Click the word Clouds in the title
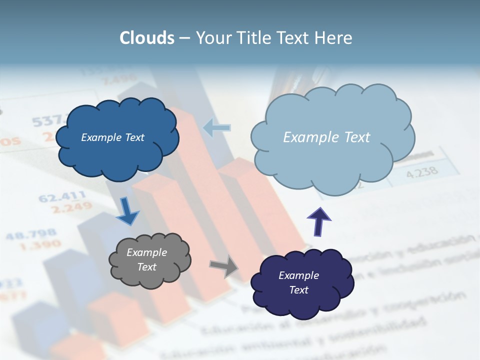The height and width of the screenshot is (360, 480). (146, 38)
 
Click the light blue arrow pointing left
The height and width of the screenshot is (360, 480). (217, 128)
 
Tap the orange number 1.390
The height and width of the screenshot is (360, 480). (41, 245)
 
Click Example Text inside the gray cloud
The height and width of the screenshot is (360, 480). (146, 259)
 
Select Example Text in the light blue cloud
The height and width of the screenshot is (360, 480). (326, 137)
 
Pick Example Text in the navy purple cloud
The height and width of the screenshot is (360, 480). (298, 282)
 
